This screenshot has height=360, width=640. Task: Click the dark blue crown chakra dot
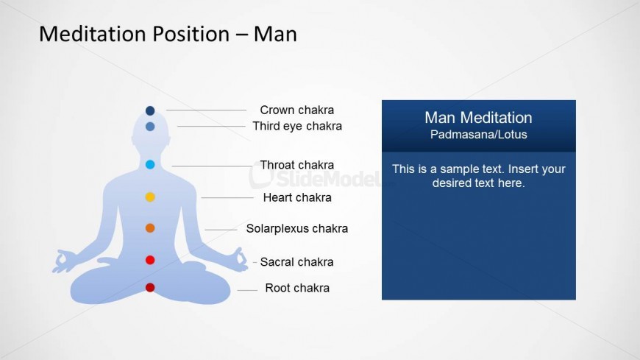[x=150, y=110]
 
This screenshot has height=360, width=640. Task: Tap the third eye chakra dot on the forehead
[x=150, y=127]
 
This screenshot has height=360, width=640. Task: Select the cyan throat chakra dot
[x=150, y=165]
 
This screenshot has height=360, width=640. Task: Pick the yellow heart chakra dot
[x=150, y=197]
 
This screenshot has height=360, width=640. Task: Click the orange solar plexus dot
[x=150, y=228]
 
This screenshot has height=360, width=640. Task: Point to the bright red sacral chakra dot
[x=150, y=260]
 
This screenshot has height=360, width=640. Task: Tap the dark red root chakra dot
[x=150, y=288]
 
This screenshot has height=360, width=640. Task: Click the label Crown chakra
[x=296, y=110]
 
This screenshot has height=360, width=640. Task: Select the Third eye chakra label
[x=297, y=127]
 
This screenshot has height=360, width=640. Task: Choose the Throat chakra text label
[x=296, y=165]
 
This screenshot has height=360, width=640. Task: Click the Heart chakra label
[x=297, y=197]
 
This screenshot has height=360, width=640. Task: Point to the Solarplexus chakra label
[x=296, y=228]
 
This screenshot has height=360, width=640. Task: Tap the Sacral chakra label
[x=296, y=261]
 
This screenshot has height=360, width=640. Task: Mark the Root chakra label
[x=297, y=288]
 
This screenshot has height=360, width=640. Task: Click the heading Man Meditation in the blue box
[x=478, y=118]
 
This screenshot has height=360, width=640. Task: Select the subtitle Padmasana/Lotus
[x=478, y=135]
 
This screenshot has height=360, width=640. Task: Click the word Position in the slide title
[x=191, y=34]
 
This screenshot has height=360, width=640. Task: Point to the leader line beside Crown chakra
[x=206, y=110]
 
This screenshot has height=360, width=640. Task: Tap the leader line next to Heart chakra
[x=227, y=198]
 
